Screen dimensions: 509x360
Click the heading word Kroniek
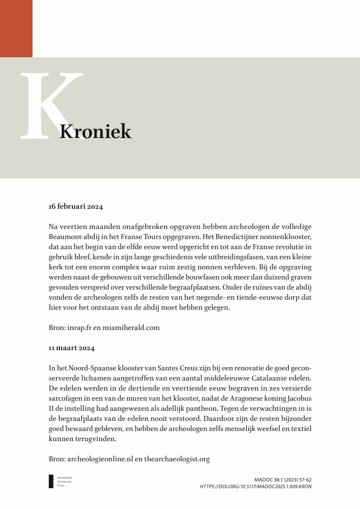[x=95, y=132]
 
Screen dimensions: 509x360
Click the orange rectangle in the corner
[x=16, y=28]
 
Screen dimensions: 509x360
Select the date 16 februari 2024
[x=76, y=207]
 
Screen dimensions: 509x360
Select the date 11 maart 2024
[x=72, y=348]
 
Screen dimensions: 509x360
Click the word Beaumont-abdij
[x=74, y=237]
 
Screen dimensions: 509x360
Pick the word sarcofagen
[x=66, y=398]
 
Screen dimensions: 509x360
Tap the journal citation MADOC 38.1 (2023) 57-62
[x=283, y=480]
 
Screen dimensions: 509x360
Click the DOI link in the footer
[x=256, y=487]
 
